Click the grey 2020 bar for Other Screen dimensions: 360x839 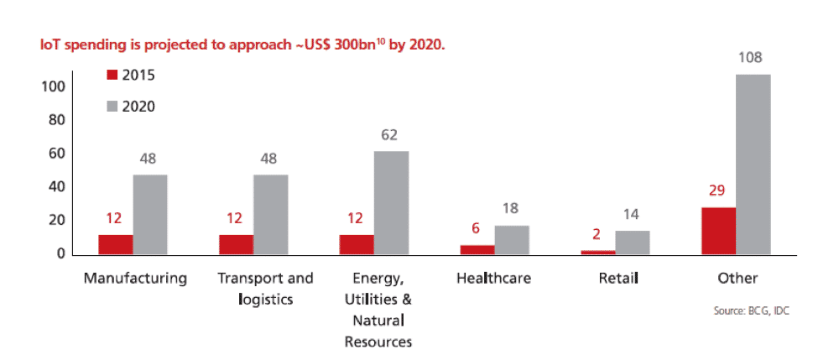(753, 164)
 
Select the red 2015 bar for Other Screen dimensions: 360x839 (718, 231)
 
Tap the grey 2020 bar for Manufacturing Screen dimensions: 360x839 (150, 214)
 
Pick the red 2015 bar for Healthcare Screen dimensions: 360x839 (477, 249)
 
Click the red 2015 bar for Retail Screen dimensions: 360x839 (597, 252)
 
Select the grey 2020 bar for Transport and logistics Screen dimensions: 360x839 (270, 214)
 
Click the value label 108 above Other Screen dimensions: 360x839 (753, 59)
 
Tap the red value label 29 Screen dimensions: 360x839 (717, 191)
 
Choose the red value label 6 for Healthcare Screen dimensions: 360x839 (477, 229)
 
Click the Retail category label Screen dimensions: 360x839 (615, 278)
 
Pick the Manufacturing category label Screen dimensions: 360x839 (135, 278)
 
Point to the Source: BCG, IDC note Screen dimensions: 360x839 (751, 310)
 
